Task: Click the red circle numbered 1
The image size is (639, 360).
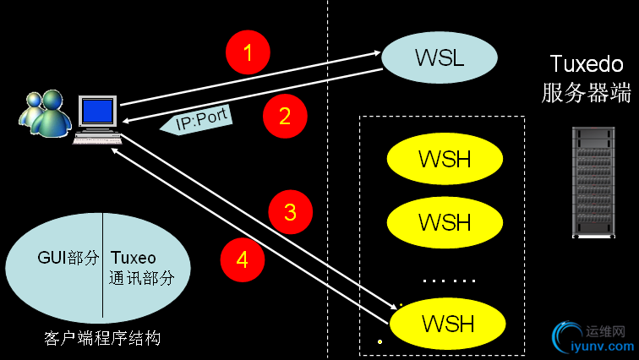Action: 248,53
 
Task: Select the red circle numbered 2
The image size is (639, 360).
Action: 285,116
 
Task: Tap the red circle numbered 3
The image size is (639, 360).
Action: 290,211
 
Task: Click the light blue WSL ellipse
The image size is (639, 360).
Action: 440,57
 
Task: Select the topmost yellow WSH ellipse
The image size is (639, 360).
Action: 445,158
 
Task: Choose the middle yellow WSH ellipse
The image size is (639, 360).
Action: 445,222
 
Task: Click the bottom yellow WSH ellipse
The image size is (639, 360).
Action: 448,323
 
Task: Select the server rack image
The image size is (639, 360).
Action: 592,182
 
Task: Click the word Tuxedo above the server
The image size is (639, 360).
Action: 587,64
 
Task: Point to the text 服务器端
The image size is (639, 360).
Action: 587,92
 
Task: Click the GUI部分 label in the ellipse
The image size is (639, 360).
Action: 68,257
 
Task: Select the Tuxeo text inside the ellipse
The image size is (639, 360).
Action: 134,257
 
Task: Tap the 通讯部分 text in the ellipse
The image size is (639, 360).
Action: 142,277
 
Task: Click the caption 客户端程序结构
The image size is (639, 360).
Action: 101,339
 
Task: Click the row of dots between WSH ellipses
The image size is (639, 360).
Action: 449,280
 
